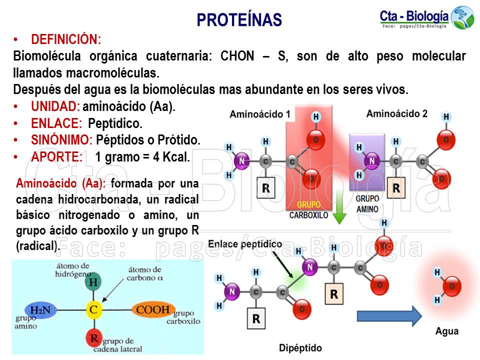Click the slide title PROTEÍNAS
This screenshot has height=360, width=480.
tap(239, 20)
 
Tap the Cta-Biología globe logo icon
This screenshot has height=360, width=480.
tap(462, 17)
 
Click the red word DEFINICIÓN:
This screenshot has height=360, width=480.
tap(66, 39)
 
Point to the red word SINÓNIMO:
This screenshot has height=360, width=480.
tap(61, 140)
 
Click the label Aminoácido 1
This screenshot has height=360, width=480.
tap(260, 114)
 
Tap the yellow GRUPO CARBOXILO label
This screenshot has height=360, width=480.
tap(309, 204)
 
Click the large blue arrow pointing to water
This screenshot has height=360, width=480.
tap(389, 316)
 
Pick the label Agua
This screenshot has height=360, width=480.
tap(446, 331)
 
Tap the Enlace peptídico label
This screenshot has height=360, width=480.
tap(244, 244)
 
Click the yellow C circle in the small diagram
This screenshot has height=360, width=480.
tap(93, 310)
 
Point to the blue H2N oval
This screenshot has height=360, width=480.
tap(40, 310)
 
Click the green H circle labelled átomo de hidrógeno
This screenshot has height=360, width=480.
tap(93, 282)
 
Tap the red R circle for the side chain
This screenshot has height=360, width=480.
tap(93, 338)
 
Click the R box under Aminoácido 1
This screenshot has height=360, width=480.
tap(265, 188)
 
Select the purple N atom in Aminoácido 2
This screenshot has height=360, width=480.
tap(371, 161)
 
